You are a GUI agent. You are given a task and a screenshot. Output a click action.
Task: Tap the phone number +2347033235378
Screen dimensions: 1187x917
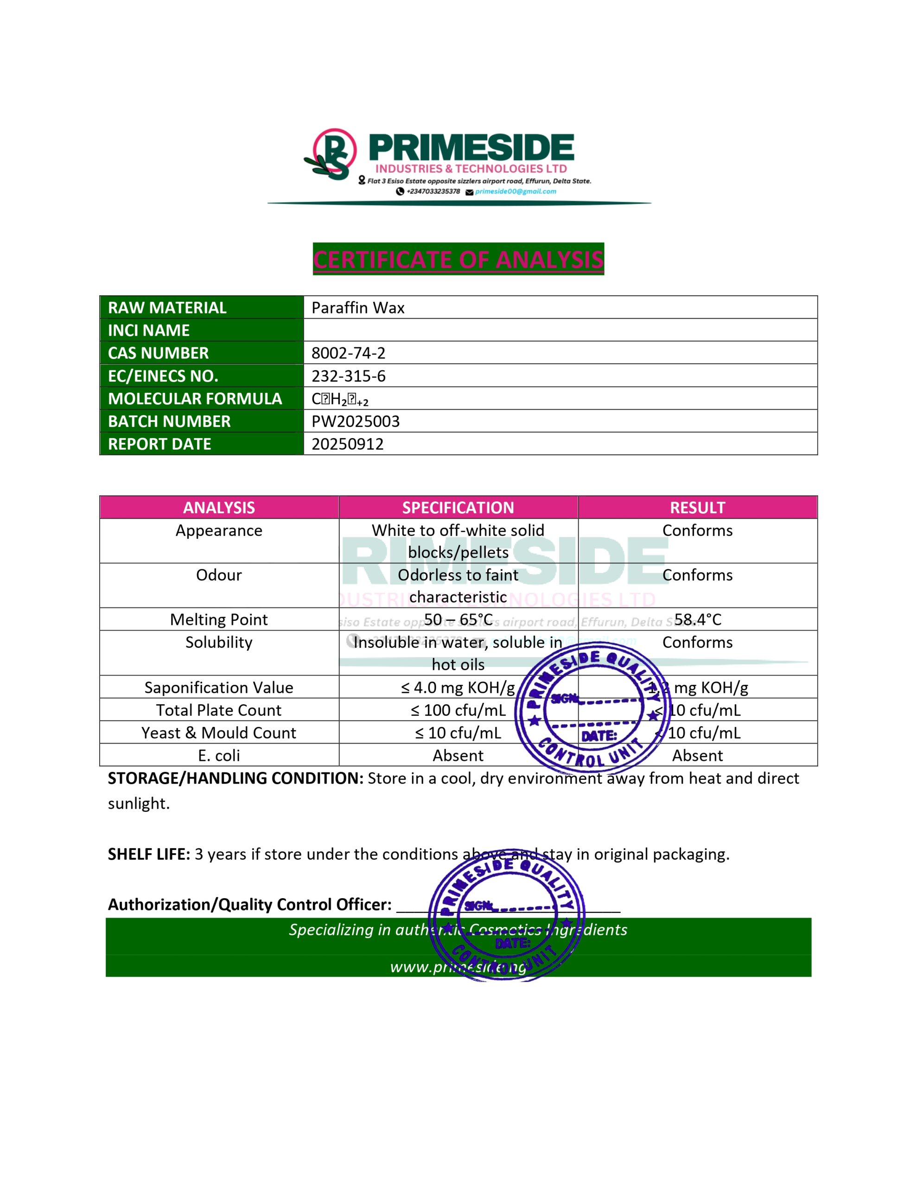[433, 191]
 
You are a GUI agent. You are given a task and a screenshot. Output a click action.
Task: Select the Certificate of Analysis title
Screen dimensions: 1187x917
[458, 259]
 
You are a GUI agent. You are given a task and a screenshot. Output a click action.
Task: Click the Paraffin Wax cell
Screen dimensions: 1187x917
[358, 307]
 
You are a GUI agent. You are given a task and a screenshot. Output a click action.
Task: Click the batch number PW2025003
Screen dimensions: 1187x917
[355, 421]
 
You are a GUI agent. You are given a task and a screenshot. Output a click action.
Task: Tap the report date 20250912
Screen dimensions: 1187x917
[347, 444]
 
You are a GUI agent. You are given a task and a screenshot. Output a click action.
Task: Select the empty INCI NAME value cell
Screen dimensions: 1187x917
[560, 330]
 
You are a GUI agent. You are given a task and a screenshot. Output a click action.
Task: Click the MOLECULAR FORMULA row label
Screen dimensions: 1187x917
[195, 398]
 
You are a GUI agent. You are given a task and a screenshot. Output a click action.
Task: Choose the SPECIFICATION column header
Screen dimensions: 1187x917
[458, 508]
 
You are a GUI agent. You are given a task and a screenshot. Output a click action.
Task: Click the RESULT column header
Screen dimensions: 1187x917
[697, 508]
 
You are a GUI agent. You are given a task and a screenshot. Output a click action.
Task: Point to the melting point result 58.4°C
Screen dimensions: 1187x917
[697, 619]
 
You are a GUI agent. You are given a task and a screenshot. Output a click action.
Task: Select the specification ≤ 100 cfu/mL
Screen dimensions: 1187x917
[458, 710]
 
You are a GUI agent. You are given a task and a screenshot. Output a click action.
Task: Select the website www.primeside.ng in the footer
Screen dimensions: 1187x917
[458, 967]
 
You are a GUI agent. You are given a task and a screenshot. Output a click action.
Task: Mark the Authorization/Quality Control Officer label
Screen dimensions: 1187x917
[249, 904]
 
